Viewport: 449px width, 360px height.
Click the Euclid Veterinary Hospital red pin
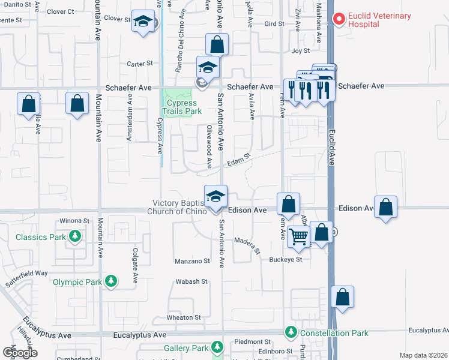339,20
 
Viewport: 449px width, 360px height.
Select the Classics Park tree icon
75,237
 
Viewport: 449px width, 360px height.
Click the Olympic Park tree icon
111,281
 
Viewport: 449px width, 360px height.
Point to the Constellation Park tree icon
291,332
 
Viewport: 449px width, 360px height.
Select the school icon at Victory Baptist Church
216,196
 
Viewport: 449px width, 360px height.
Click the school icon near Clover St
143,22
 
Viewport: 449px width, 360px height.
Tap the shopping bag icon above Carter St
217,44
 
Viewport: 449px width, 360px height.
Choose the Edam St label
238,161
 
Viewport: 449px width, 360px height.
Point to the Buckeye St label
285,259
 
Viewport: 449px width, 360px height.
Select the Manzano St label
192,261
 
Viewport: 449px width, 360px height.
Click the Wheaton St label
184,317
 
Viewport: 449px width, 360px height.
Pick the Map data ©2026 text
423,355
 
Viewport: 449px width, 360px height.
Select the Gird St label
274,24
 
